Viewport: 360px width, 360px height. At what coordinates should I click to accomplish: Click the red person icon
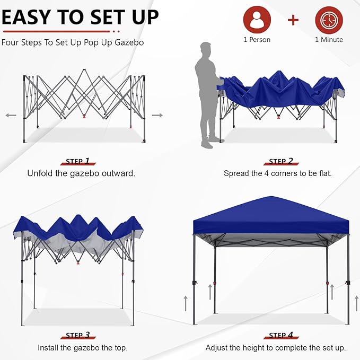(x=257, y=20)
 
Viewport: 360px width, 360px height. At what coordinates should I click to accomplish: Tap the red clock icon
(x=329, y=20)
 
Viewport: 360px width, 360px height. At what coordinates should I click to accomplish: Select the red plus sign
(x=293, y=20)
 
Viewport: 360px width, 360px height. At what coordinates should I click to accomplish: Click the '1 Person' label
(x=257, y=40)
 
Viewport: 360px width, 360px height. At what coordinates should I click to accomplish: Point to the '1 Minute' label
(x=329, y=40)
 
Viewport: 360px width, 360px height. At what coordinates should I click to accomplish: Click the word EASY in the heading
(x=26, y=17)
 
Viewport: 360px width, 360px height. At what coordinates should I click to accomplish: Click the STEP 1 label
(x=78, y=161)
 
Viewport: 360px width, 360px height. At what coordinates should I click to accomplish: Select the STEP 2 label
(x=281, y=161)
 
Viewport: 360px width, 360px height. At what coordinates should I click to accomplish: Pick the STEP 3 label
(x=78, y=335)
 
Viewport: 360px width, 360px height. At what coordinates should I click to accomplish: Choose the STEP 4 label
(x=281, y=335)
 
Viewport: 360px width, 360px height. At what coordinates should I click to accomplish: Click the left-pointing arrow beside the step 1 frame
(x=11, y=115)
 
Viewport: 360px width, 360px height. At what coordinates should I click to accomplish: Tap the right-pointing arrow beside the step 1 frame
(x=157, y=115)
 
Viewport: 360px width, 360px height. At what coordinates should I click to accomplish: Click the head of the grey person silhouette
(x=206, y=49)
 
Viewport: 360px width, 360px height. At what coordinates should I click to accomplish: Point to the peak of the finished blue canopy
(x=271, y=196)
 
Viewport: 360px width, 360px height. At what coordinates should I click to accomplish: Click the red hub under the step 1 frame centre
(x=84, y=116)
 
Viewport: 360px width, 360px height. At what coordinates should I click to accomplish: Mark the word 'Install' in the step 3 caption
(x=48, y=348)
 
